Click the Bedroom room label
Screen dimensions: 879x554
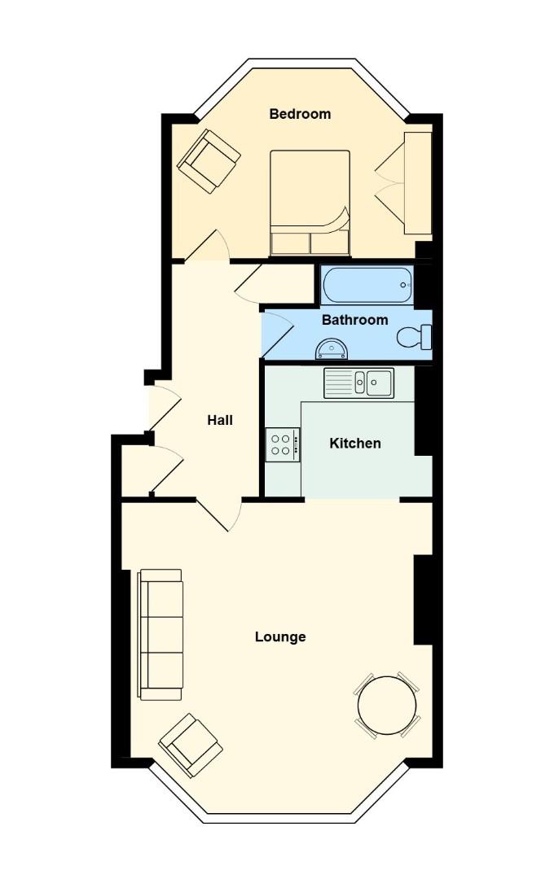[x=300, y=114]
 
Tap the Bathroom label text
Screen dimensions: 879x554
[x=354, y=320]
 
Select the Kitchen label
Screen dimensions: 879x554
[x=354, y=444]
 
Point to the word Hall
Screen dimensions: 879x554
[x=220, y=421]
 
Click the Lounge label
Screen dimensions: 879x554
[x=280, y=636]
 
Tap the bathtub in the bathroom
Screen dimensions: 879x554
[x=367, y=286]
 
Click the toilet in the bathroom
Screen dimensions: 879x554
[x=415, y=336]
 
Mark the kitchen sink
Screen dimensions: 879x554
[x=359, y=383]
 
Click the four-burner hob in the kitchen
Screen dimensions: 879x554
[x=281, y=444]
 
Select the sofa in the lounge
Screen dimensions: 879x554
[x=160, y=634]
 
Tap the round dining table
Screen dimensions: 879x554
[x=387, y=706]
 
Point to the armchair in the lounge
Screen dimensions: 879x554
[x=191, y=745]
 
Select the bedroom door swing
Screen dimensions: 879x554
[x=211, y=246]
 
